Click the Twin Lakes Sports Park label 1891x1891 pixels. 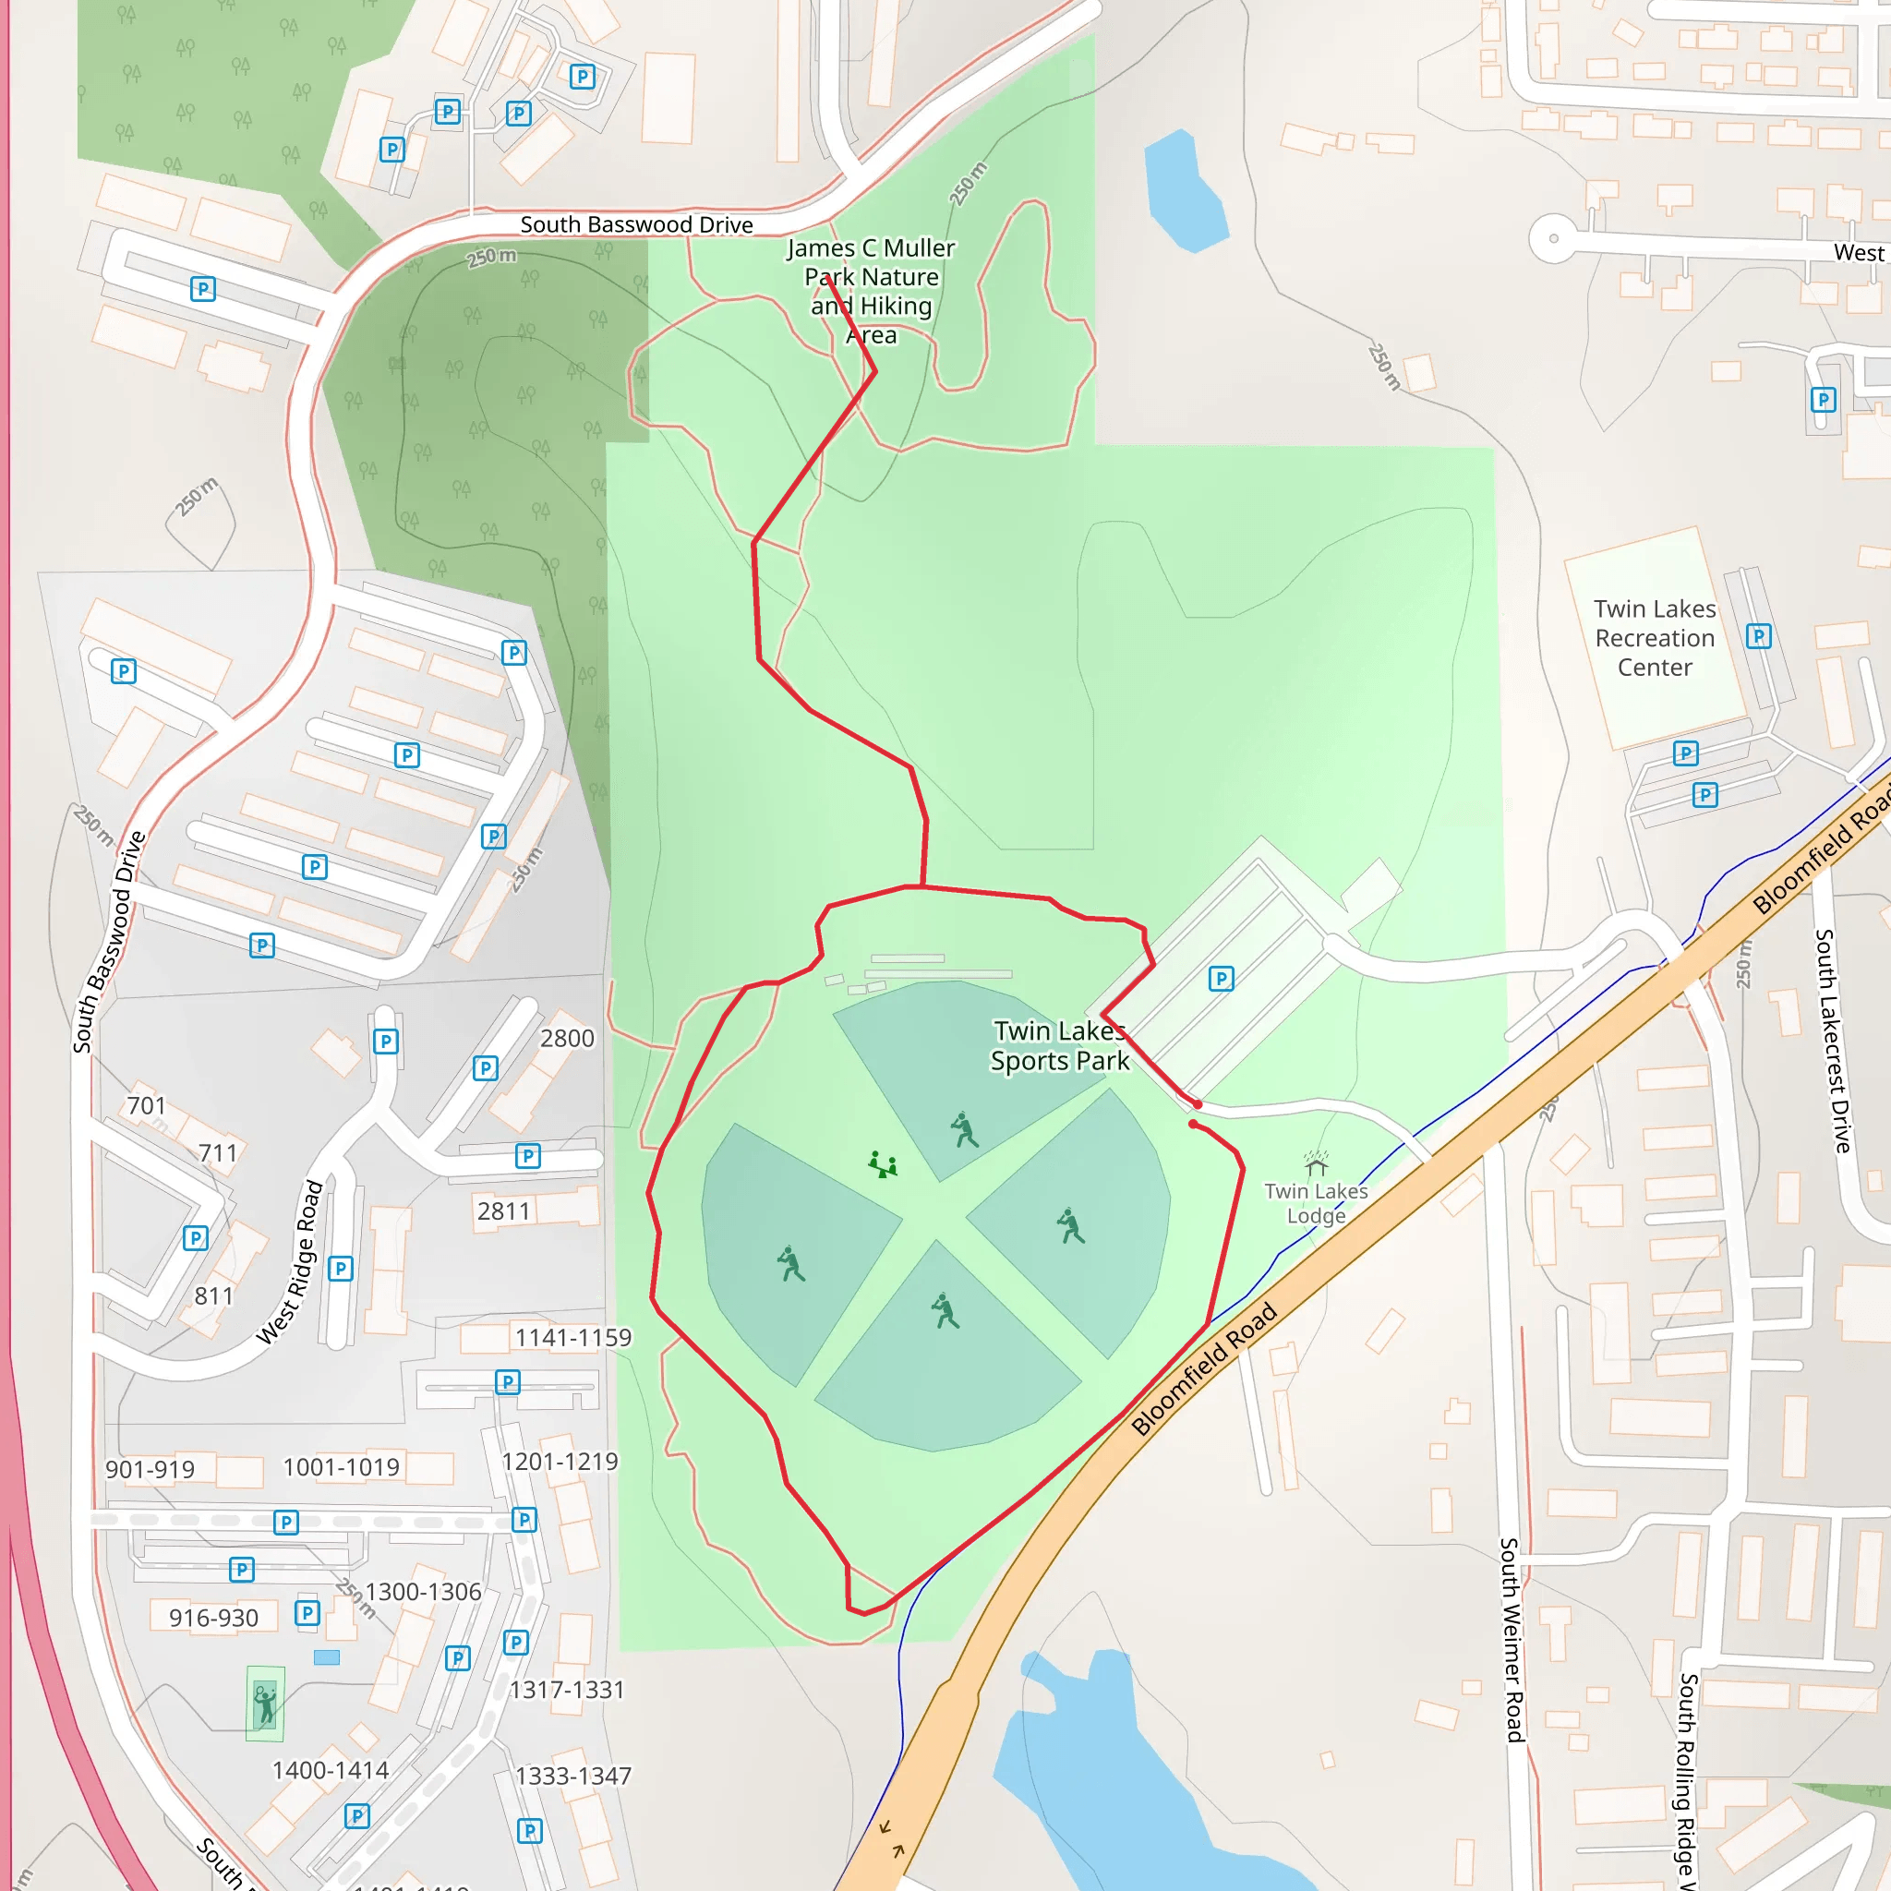(x=1059, y=1045)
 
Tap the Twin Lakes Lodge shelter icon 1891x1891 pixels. (x=1317, y=1162)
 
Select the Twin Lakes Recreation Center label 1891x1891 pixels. (x=1654, y=638)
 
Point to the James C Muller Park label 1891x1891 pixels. (x=870, y=291)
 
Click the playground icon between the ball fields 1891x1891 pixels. (x=882, y=1163)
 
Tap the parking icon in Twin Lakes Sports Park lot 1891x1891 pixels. (x=1221, y=979)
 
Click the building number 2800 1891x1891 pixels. (x=567, y=1039)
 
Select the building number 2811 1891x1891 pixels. (x=503, y=1211)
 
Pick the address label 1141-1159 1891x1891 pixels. (x=572, y=1338)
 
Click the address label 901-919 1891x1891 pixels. (x=150, y=1470)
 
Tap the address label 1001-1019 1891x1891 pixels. (x=341, y=1467)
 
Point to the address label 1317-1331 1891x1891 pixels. (x=567, y=1690)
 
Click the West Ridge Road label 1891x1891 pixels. (x=290, y=1262)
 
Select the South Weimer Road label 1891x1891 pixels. (x=1512, y=1640)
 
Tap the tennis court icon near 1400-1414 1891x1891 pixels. (x=264, y=1704)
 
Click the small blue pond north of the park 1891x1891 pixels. (x=1185, y=192)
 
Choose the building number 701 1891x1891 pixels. (x=146, y=1106)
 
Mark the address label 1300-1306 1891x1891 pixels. (x=423, y=1593)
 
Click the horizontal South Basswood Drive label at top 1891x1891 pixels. (x=636, y=225)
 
